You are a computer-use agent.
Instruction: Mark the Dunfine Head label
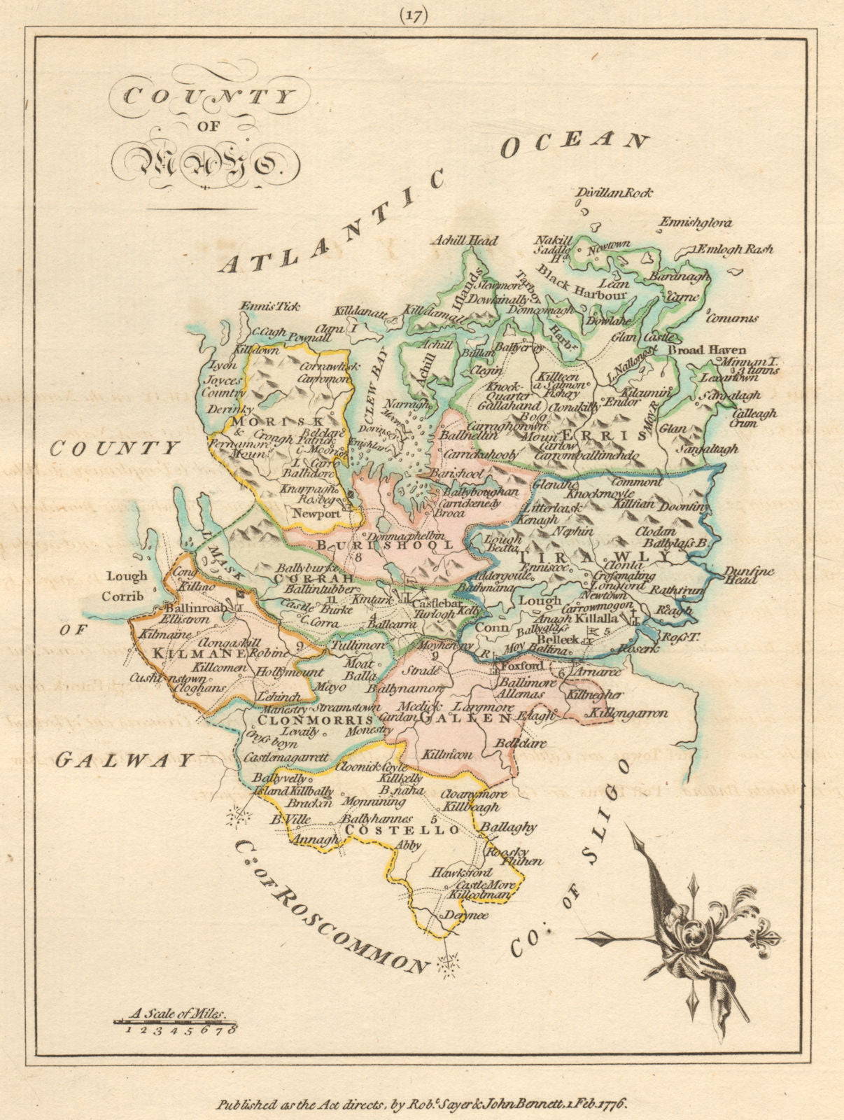749,575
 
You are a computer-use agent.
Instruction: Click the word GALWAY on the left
124,759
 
